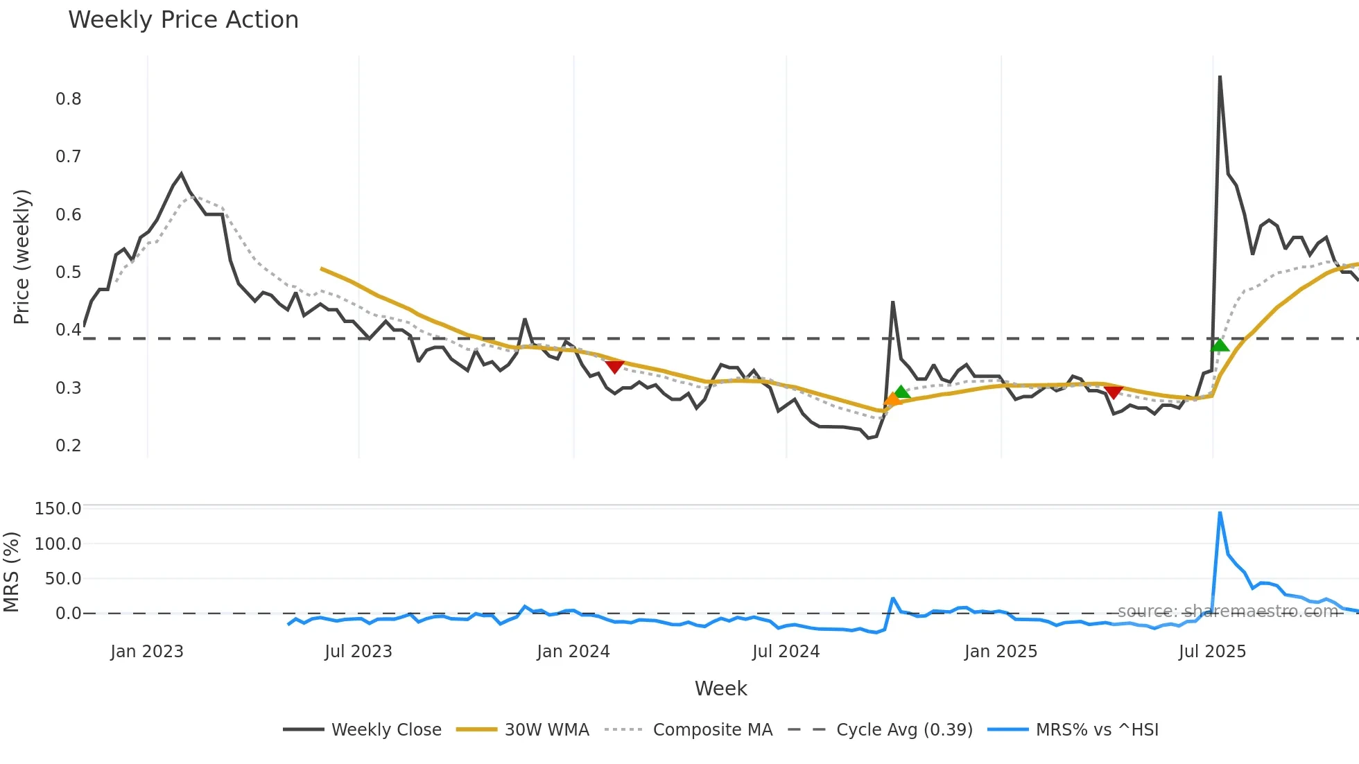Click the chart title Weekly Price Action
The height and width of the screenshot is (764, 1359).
pos(183,20)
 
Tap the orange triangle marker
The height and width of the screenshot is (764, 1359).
pos(892,399)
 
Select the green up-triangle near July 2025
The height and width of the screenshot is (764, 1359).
pos(1220,345)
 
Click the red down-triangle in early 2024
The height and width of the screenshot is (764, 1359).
pos(614,367)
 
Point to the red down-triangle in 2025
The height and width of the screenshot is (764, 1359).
pos(1114,392)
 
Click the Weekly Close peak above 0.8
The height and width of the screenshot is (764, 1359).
pos(1220,77)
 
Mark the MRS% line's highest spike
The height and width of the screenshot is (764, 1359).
pos(1220,513)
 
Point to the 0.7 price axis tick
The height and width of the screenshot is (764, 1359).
pos(68,157)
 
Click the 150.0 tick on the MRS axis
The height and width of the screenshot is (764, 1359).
pos(58,509)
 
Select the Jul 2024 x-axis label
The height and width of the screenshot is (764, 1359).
pos(786,652)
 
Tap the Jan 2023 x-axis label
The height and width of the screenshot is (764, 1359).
pos(147,652)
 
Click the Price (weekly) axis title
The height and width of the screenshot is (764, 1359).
pos(21,257)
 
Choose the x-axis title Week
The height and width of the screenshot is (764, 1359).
pos(720,688)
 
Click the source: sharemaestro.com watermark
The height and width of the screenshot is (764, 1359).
pos(1227,611)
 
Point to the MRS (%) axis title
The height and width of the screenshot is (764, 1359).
pos(11,572)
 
